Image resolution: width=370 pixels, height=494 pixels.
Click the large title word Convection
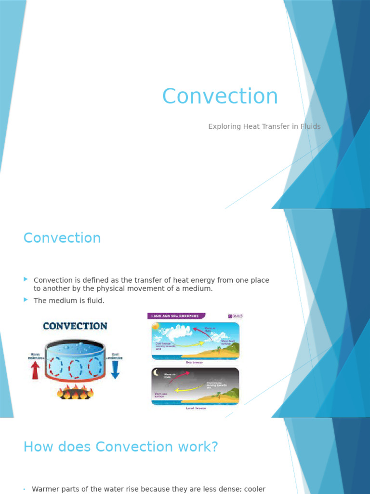220,96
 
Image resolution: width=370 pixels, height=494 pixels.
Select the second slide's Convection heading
62,238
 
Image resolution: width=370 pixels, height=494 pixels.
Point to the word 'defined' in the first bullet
107,280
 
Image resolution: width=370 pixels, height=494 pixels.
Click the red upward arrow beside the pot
35,370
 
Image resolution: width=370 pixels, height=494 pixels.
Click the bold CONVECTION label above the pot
75,326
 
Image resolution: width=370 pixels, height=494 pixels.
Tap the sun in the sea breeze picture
156,327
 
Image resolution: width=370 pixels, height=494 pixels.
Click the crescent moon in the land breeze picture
156,372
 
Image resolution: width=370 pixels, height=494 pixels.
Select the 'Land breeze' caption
195,408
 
